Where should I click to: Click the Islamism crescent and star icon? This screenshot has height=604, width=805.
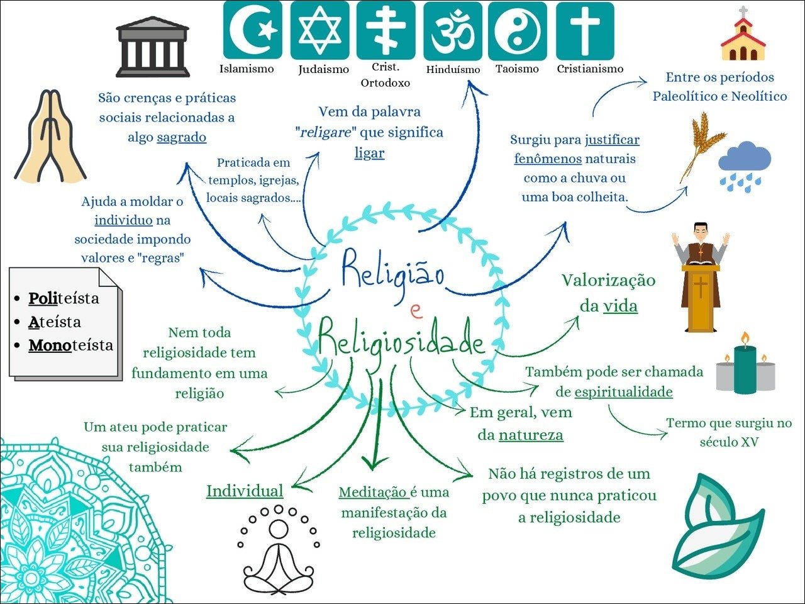(x=252, y=30)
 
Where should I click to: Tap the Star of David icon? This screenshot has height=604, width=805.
(x=319, y=30)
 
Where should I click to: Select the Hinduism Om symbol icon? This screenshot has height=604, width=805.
(x=453, y=30)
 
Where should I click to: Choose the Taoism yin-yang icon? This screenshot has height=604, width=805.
(x=517, y=30)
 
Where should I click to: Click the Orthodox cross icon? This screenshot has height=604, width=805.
(x=386, y=30)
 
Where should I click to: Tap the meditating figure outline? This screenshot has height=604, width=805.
(x=278, y=551)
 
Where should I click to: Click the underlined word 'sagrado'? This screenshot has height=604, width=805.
(x=181, y=137)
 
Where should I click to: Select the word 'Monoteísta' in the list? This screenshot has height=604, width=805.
(x=71, y=345)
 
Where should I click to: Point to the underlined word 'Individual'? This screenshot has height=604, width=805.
(x=245, y=491)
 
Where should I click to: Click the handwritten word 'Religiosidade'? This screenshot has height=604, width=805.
(x=401, y=340)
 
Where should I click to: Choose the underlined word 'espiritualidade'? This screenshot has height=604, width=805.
(x=623, y=392)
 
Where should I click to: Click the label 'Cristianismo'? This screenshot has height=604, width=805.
(x=590, y=69)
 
